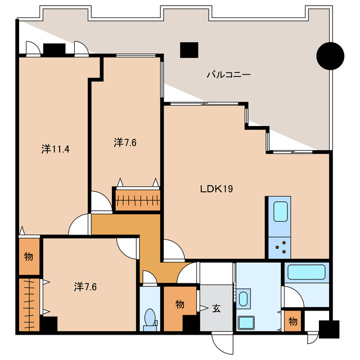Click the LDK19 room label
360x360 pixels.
click(x=217, y=189)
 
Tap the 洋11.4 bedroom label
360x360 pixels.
click(x=55, y=149)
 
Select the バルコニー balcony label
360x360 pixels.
click(x=229, y=75)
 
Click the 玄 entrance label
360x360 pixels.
click(x=216, y=308)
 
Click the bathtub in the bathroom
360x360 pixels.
click(x=307, y=272)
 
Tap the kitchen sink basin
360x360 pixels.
click(x=280, y=211)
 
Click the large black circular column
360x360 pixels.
click(x=330, y=56)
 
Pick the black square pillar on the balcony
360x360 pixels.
click(x=189, y=50)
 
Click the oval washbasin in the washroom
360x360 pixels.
click(x=243, y=299)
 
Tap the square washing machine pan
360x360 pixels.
click(x=246, y=322)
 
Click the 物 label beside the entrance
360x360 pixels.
click(x=180, y=304)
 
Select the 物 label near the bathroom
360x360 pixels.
click(x=292, y=321)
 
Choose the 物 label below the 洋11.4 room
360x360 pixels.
click(x=29, y=256)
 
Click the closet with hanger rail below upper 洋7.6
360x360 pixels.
click(x=137, y=199)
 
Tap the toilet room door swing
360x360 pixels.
click(x=150, y=277)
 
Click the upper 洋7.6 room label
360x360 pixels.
click(x=125, y=142)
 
